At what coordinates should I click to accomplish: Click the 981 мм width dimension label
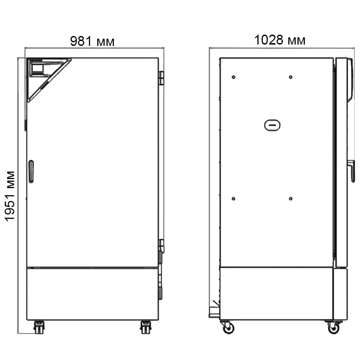click(x=92, y=41)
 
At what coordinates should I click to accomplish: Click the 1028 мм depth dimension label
click(x=280, y=40)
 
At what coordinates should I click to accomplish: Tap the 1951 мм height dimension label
click(x=10, y=196)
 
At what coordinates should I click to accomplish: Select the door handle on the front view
click(x=31, y=171)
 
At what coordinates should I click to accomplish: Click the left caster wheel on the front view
click(x=39, y=327)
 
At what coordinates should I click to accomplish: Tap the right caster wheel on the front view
click(x=145, y=327)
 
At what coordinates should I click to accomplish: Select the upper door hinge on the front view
click(x=162, y=78)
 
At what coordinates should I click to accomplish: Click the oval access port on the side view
click(x=272, y=125)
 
